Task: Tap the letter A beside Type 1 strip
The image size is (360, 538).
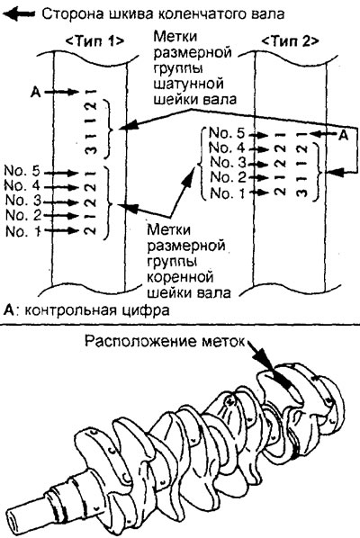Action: click(x=36, y=92)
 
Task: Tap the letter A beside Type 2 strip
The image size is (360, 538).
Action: click(x=343, y=136)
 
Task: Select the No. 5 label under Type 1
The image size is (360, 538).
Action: click(x=22, y=171)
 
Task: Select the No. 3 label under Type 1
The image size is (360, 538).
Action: click(x=23, y=200)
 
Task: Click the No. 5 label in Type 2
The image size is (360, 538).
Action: click(x=227, y=133)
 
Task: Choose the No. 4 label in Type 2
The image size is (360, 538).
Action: click(x=227, y=148)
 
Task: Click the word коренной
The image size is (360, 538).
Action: click(x=181, y=277)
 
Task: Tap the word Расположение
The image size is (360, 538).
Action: click(x=139, y=341)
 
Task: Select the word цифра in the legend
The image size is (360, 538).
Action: click(x=150, y=310)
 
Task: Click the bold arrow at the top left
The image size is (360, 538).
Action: click(x=19, y=14)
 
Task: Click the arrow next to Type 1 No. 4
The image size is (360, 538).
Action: click(x=62, y=187)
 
